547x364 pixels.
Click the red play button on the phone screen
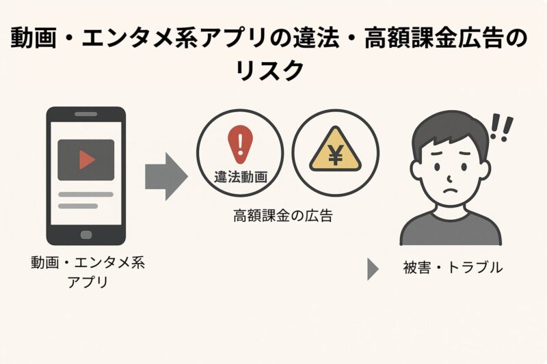click(87, 159)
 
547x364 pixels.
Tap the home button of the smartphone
click(86, 234)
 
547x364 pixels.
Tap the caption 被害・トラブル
click(453, 268)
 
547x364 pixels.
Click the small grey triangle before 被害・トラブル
click(373, 268)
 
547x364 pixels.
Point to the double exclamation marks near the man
click(502, 128)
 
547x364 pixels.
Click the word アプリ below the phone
click(88, 281)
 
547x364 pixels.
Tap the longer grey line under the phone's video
click(85, 195)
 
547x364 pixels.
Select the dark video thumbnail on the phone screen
click(86, 159)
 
